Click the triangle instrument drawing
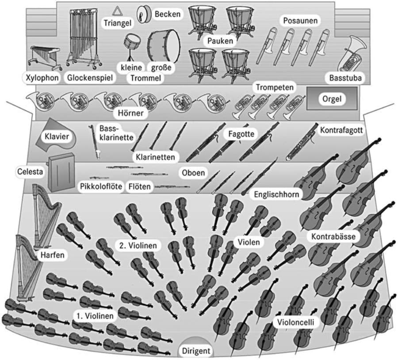tap(117, 11)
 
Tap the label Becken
tap(168, 15)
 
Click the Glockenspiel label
tap(90, 78)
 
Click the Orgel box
tap(332, 99)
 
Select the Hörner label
tap(130, 114)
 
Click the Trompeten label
tap(274, 87)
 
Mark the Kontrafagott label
tap(341, 131)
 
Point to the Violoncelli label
tap(296, 322)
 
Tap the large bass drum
tap(164, 46)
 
